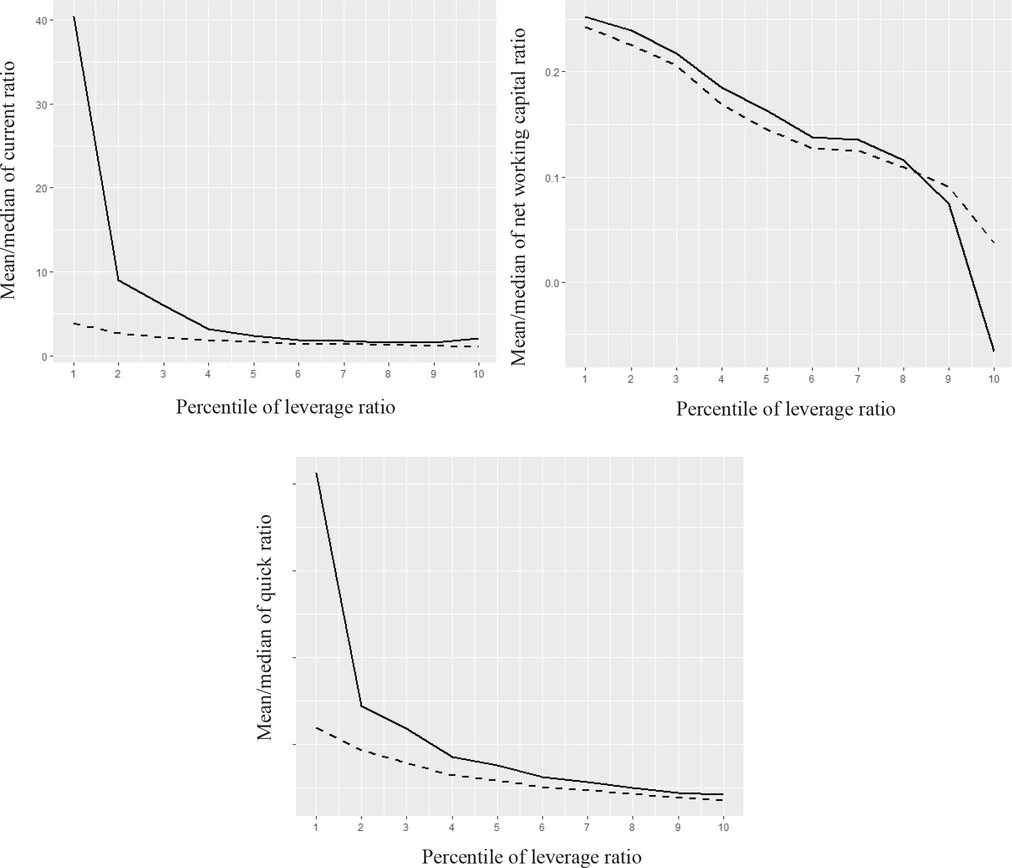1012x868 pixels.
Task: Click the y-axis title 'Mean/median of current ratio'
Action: (x=8, y=180)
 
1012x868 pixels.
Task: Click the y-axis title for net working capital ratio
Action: (x=519, y=196)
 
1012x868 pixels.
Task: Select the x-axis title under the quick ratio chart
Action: (x=531, y=856)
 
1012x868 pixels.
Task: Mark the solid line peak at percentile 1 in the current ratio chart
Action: (x=73, y=16)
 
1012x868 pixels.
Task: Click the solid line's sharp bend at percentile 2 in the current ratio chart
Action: (x=118, y=280)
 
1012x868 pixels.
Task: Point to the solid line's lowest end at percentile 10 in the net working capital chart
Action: (x=994, y=351)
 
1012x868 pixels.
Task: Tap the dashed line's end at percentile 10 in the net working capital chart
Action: (x=994, y=242)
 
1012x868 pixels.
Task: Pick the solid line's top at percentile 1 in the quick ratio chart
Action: (x=316, y=473)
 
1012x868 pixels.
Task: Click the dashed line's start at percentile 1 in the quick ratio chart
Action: (x=316, y=728)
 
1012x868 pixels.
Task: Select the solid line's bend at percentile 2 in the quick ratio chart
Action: (x=361, y=706)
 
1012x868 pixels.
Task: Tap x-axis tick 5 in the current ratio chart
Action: (x=253, y=374)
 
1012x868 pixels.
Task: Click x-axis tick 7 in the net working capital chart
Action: (x=857, y=379)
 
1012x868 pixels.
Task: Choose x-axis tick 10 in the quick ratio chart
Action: (x=723, y=827)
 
